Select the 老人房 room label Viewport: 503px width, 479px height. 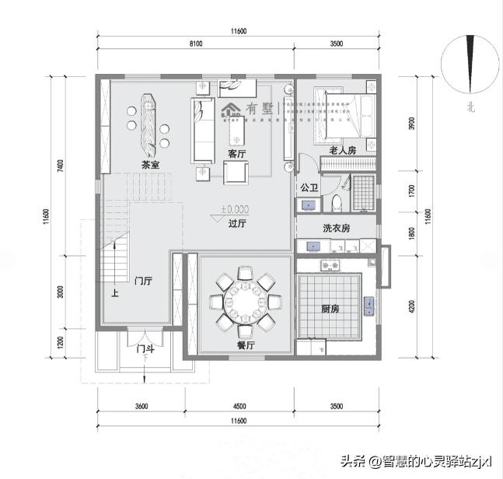(x=342, y=150)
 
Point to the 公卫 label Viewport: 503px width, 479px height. (x=309, y=187)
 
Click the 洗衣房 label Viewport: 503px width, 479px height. (x=337, y=229)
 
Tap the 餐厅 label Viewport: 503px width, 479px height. (x=246, y=345)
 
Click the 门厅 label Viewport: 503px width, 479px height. (x=142, y=281)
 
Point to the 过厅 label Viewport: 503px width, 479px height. (x=237, y=224)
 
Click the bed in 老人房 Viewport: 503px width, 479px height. (x=342, y=114)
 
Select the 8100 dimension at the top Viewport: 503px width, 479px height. (x=195, y=44)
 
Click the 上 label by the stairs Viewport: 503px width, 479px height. (x=114, y=294)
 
